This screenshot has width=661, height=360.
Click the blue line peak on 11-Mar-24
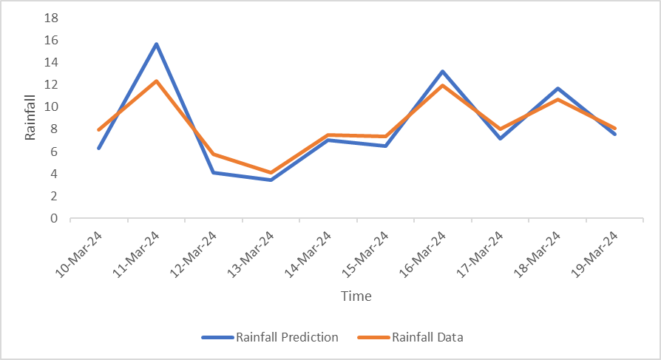click(x=157, y=44)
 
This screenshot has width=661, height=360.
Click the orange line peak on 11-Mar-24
click(x=157, y=81)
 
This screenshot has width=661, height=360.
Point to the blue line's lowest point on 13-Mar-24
click(x=271, y=180)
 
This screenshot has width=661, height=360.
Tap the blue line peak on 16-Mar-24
click(x=443, y=72)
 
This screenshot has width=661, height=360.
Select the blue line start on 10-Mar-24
click(x=98, y=148)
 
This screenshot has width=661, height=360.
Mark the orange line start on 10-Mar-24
click(x=98, y=129)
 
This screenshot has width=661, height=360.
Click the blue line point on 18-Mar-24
click(x=557, y=89)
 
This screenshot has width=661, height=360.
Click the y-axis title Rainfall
click(x=30, y=118)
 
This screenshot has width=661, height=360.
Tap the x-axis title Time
click(x=356, y=296)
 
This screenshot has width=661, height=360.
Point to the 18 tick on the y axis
click(x=52, y=18)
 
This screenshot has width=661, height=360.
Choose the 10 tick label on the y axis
click(x=52, y=107)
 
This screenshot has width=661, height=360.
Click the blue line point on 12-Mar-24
click(x=214, y=172)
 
